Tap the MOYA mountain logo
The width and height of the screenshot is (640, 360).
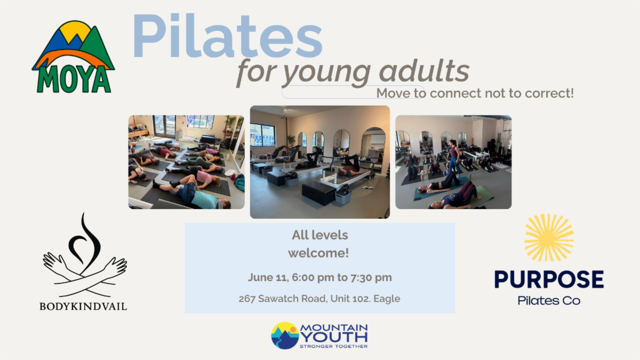tap(74, 57)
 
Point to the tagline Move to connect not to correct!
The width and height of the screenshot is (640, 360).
tap(475, 93)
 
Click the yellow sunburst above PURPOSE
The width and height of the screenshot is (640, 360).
tap(549, 238)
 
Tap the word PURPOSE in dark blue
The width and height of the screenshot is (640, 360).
tap(549, 279)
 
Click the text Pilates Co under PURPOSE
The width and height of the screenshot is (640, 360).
tap(549, 301)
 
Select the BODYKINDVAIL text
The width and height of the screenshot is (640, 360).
tap(83, 306)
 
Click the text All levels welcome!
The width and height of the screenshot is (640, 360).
tap(319, 244)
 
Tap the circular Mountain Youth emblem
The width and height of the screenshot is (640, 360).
tap(285, 335)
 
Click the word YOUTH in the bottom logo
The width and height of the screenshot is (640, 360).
tap(334, 337)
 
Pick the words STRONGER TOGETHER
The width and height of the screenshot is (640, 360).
tap(333, 346)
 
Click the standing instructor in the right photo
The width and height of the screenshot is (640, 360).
tap(454, 157)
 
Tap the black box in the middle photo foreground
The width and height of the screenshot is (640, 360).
tap(319, 193)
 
